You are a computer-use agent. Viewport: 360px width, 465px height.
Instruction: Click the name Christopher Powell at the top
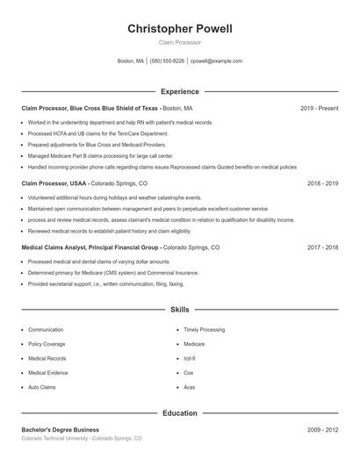[x=180, y=29]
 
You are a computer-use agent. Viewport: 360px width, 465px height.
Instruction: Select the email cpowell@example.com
[x=216, y=61]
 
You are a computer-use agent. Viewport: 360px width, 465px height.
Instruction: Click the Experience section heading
[x=180, y=91]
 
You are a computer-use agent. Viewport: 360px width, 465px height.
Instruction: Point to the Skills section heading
[x=180, y=310]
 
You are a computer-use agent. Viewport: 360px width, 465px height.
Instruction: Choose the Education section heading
[x=180, y=412]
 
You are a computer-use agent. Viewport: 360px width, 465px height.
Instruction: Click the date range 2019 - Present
[x=319, y=108]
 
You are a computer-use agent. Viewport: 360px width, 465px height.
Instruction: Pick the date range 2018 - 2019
[x=322, y=184]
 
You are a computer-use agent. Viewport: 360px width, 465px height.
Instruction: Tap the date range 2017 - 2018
[x=322, y=247]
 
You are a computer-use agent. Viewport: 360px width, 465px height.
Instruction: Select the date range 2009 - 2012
[x=322, y=429]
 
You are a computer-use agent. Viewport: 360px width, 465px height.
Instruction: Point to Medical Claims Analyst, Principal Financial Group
[x=90, y=247]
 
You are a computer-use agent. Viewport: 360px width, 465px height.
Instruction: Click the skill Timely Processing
[x=205, y=330]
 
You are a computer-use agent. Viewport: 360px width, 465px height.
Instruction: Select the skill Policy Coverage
[x=47, y=344]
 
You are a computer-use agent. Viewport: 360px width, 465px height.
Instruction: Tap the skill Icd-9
[x=190, y=358]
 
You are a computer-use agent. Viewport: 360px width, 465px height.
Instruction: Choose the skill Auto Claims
[x=42, y=387]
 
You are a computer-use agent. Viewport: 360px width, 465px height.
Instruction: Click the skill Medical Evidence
[x=48, y=373]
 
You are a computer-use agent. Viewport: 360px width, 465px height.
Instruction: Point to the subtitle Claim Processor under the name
[x=180, y=41]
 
